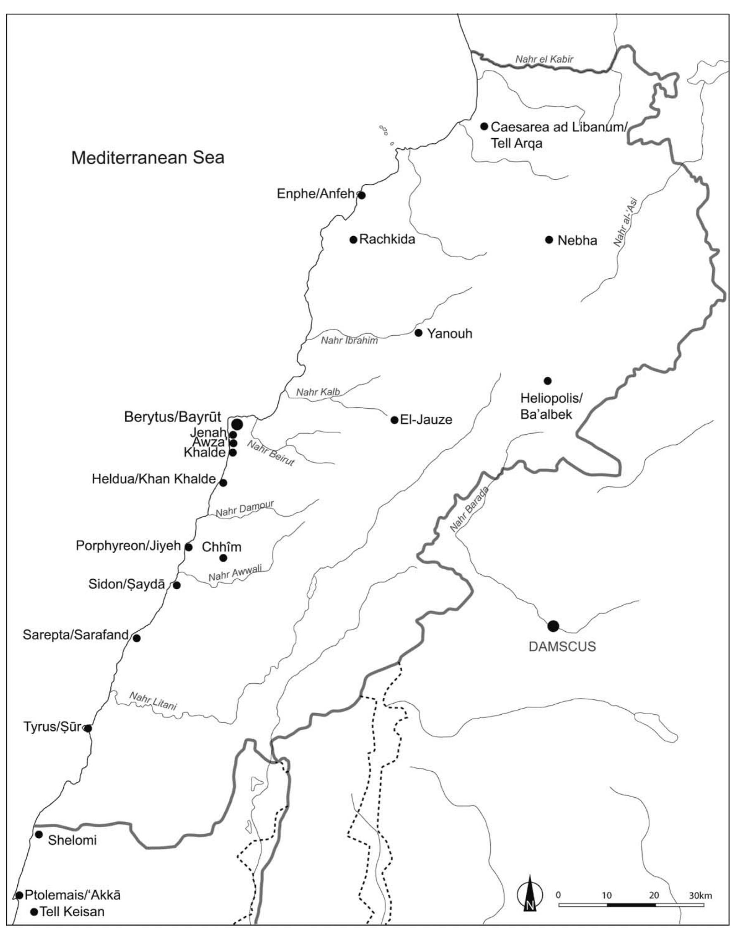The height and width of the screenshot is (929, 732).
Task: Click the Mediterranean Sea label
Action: [x=147, y=158]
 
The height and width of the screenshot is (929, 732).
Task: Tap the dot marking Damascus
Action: [x=553, y=626]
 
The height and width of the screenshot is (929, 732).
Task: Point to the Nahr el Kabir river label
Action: [x=544, y=59]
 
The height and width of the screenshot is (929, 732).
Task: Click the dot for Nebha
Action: [x=549, y=239]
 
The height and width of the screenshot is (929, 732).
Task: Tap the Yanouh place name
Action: [x=449, y=333]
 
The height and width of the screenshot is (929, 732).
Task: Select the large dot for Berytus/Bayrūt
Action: [x=237, y=424]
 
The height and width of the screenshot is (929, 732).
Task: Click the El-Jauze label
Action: [x=426, y=420]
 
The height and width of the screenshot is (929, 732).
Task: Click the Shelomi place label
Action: [x=72, y=840]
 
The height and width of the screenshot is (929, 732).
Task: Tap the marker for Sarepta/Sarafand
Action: [x=137, y=638]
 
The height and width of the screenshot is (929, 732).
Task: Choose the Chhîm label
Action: [x=221, y=547]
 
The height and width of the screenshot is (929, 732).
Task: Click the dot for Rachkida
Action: [x=353, y=239]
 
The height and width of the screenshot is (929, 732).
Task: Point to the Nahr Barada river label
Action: [x=469, y=510]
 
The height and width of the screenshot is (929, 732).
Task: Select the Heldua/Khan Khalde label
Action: [x=153, y=479]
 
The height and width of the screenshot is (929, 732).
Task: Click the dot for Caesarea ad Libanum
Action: [x=484, y=126]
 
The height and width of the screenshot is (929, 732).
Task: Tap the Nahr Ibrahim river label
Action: [x=349, y=341]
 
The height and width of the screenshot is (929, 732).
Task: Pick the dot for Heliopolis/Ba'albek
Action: [x=547, y=381]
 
